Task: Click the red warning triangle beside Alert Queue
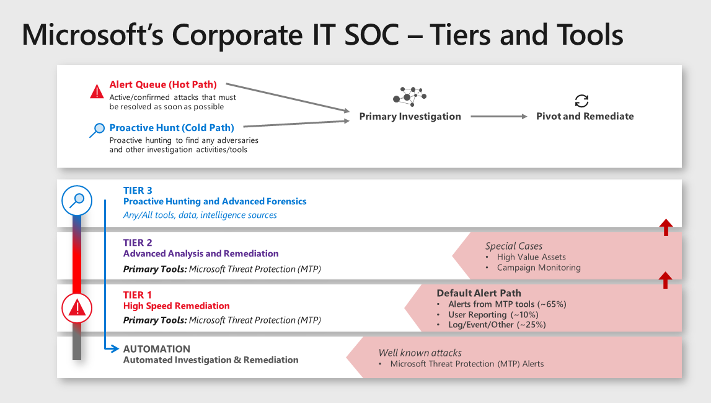[97, 92]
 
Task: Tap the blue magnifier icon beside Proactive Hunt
[97, 130]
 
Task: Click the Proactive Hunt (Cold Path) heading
[172, 128]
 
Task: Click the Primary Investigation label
[410, 116]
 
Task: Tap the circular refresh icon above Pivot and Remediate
[581, 101]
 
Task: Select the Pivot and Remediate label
[585, 116]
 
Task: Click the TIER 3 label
[138, 191]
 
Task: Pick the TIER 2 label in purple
[138, 243]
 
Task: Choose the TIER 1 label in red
[138, 295]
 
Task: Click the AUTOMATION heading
[157, 349]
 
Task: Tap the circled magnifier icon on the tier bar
[77, 201]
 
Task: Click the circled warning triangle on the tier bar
[77, 307]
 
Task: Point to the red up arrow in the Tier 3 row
[665, 227]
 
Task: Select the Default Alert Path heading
[479, 293]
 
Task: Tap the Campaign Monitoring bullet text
[539, 268]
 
